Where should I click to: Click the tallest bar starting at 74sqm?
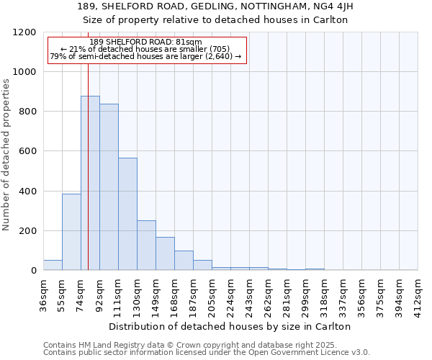[x=90, y=183]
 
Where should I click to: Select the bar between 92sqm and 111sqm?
[x=109, y=187]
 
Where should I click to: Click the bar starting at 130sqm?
[x=146, y=246]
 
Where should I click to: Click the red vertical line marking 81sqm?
[x=88, y=166]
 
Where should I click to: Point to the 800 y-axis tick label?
[x=27, y=112]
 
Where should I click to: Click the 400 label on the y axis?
[x=27, y=192]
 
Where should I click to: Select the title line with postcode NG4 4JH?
[x=215, y=6]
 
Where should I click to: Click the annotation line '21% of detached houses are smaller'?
[x=147, y=49]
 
